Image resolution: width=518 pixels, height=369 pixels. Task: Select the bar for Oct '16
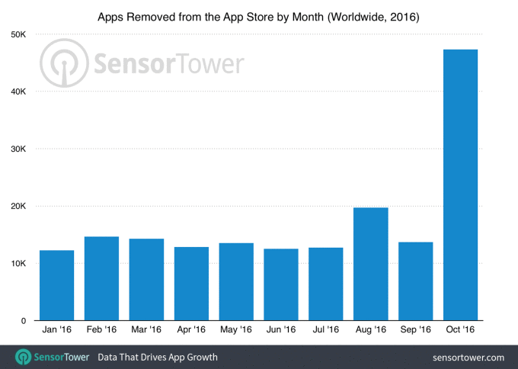tap(459, 185)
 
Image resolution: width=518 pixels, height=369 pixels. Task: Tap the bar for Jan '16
tap(56, 285)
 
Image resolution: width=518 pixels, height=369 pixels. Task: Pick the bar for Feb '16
tap(101, 278)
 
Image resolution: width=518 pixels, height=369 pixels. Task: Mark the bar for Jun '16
tap(280, 284)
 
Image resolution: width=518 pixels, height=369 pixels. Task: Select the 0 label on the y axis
tap(24, 321)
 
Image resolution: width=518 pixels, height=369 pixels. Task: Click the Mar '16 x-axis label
tap(145, 330)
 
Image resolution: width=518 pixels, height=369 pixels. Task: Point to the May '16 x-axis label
tap(235, 330)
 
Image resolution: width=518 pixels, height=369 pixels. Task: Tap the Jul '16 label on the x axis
tap(325, 330)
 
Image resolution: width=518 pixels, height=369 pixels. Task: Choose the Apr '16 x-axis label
tap(190, 330)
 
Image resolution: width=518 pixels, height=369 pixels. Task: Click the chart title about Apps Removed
tap(258, 15)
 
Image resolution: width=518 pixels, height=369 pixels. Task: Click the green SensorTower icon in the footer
tap(24, 357)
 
